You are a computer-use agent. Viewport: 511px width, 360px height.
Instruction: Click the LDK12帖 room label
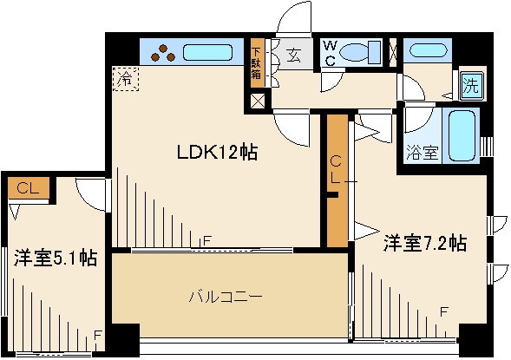217,152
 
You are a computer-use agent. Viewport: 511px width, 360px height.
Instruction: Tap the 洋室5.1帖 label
56,258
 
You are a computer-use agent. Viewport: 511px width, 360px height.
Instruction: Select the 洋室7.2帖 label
425,243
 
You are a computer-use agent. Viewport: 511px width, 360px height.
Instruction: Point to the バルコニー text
226,297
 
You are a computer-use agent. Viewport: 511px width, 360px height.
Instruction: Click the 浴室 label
423,152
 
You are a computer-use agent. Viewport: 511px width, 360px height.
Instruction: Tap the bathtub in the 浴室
462,135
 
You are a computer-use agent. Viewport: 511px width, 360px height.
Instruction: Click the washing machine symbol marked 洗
471,85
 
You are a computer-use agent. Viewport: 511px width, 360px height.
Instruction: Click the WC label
331,53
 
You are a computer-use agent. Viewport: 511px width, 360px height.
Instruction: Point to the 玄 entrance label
293,56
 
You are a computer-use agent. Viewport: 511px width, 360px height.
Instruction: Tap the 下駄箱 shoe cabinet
257,63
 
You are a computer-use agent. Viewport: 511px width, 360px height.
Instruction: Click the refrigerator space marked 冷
126,78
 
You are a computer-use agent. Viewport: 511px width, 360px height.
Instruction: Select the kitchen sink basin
207,52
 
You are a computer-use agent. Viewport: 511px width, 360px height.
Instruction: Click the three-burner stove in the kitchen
163,54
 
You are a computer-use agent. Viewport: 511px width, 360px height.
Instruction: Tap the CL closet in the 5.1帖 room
29,188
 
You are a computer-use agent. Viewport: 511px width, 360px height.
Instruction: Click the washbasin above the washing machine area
428,50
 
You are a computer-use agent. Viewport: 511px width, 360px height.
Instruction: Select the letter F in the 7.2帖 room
443,312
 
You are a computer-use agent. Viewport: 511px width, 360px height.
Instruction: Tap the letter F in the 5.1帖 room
98,335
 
